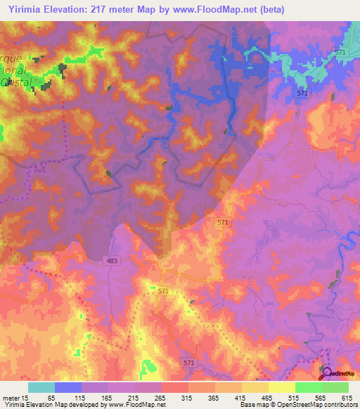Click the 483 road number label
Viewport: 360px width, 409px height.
pyautogui.click(x=115, y=261)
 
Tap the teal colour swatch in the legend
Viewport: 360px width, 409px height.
pyautogui.click(x=41, y=387)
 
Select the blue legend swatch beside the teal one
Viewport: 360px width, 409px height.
pyautogui.click(x=68, y=387)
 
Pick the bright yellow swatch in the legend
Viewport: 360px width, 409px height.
pyautogui.click(x=281, y=387)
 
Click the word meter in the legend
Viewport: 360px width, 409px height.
pyautogui.click(x=13, y=397)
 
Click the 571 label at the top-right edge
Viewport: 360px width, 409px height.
pyautogui.click(x=340, y=53)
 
